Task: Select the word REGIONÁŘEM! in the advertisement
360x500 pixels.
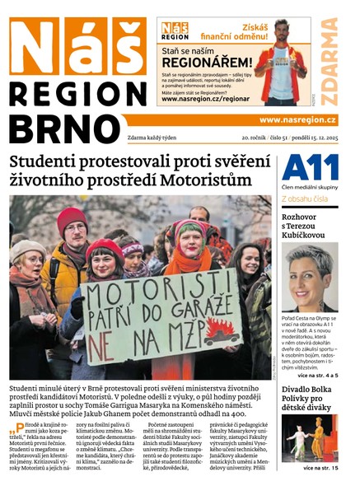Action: click(206, 62)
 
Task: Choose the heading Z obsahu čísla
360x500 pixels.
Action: click(306, 198)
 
